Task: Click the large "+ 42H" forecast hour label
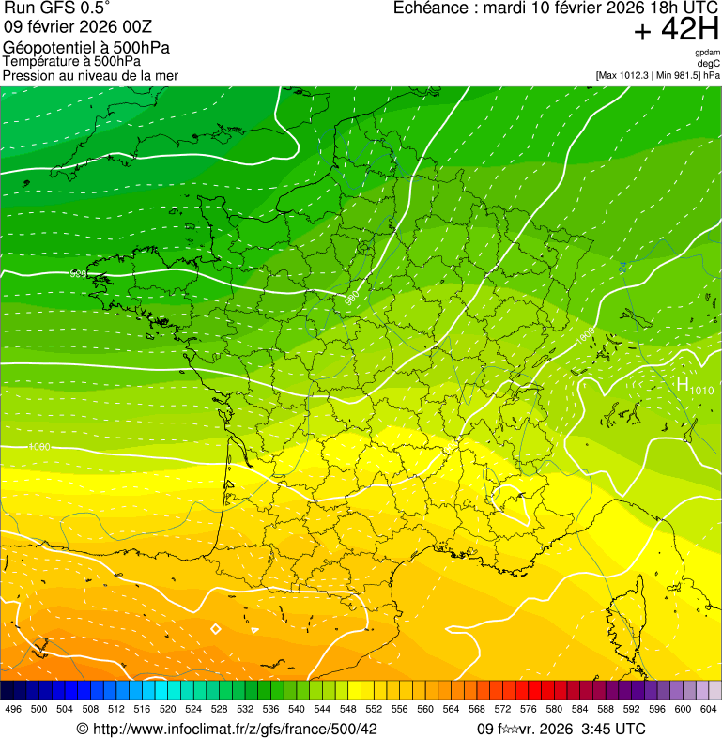pos(676,31)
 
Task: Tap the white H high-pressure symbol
pos(683,384)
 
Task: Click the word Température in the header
pos(43,61)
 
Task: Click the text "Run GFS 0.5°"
pos(57,8)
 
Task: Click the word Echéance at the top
pos(432,8)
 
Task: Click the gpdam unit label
pos(707,54)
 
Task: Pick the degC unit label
pos(709,64)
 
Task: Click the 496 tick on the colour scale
pos(13,710)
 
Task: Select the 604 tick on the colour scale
pos(708,710)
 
